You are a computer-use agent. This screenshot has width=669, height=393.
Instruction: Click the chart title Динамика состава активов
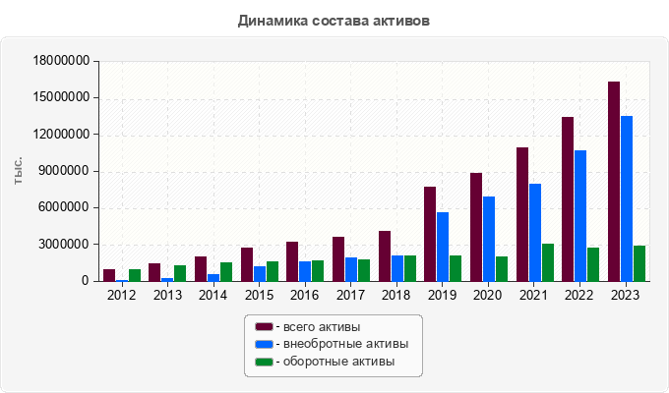[334, 20]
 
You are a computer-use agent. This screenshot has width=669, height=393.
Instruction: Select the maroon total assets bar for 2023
[614, 182]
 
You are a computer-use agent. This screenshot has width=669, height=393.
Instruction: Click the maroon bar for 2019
[430, 234]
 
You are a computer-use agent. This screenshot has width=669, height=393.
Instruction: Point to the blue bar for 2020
[489, 239]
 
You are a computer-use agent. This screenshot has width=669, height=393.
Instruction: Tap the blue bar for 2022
[580, 216]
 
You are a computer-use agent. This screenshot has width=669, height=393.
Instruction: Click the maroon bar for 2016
[292, 261]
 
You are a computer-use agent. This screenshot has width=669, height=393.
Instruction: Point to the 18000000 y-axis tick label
[62, 61]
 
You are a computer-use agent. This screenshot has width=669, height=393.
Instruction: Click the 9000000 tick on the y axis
[66, 171]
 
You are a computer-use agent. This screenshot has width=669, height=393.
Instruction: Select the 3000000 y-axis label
[66, 245]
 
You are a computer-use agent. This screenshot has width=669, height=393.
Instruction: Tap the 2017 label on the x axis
[351, 294]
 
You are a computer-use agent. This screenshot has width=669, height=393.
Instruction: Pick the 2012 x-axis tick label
[122, 294]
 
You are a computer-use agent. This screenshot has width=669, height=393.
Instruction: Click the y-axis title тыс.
[19, 171]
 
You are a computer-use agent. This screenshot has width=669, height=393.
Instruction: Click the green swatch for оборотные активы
[264, 362]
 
